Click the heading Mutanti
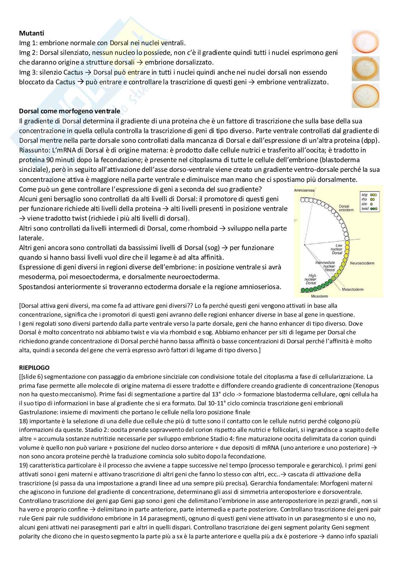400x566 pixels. coord(32,33)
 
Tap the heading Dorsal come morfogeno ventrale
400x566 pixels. coord(69,111)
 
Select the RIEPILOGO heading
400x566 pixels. coord(34,368)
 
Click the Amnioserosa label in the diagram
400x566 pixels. coord(304,190)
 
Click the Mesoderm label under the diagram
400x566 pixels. coord(310,296)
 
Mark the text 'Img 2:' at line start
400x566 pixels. coord(27,53)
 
